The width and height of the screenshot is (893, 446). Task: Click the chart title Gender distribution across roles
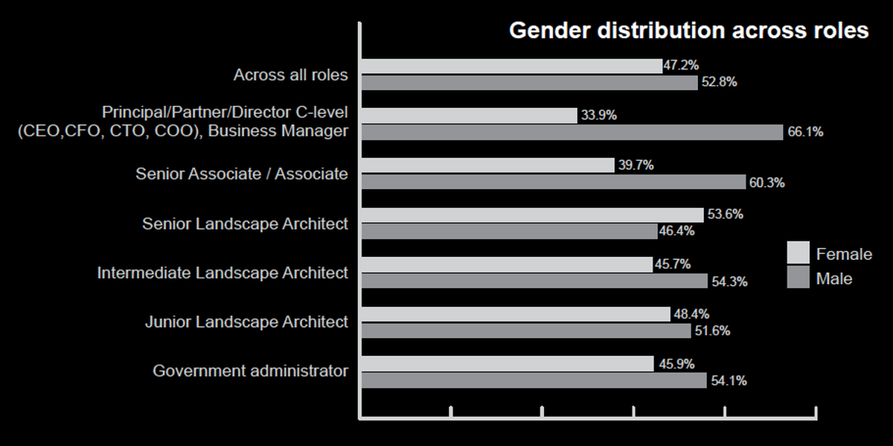click(x=688, y=31)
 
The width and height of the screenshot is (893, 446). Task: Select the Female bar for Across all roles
click(x=511, y=66)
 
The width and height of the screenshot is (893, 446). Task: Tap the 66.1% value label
click(x=805, y=133)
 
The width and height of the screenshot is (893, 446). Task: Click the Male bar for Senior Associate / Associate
click(x=553, y=182)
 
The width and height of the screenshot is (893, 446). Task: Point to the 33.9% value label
click(x=599, y=115)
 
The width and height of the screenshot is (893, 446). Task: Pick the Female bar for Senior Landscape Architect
click(x=532, y=215)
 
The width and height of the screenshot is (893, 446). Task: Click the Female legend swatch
click(x=798, y=253)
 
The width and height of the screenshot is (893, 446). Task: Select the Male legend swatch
click(x=798, y=278)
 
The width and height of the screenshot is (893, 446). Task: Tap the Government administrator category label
click(x=250, y=371)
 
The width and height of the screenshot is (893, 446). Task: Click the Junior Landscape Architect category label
click(x=246, y=322)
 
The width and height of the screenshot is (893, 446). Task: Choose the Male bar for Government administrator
click(x=534, y=380)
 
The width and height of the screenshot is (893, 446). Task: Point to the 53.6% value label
click(x=725, y=214)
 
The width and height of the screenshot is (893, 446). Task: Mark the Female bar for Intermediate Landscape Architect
click(x=507, y=264)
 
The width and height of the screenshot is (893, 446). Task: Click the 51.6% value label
click(x=712, y=331)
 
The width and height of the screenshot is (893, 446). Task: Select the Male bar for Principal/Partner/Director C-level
click(x=572, y=133)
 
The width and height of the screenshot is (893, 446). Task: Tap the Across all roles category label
click(x=290, y=74)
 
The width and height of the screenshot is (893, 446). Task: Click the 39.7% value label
click(x=636, y=165)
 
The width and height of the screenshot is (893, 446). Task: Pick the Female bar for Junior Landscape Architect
click(x=516, y=314)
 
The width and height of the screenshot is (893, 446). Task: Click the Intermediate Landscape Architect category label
click(x=223, y=273)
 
